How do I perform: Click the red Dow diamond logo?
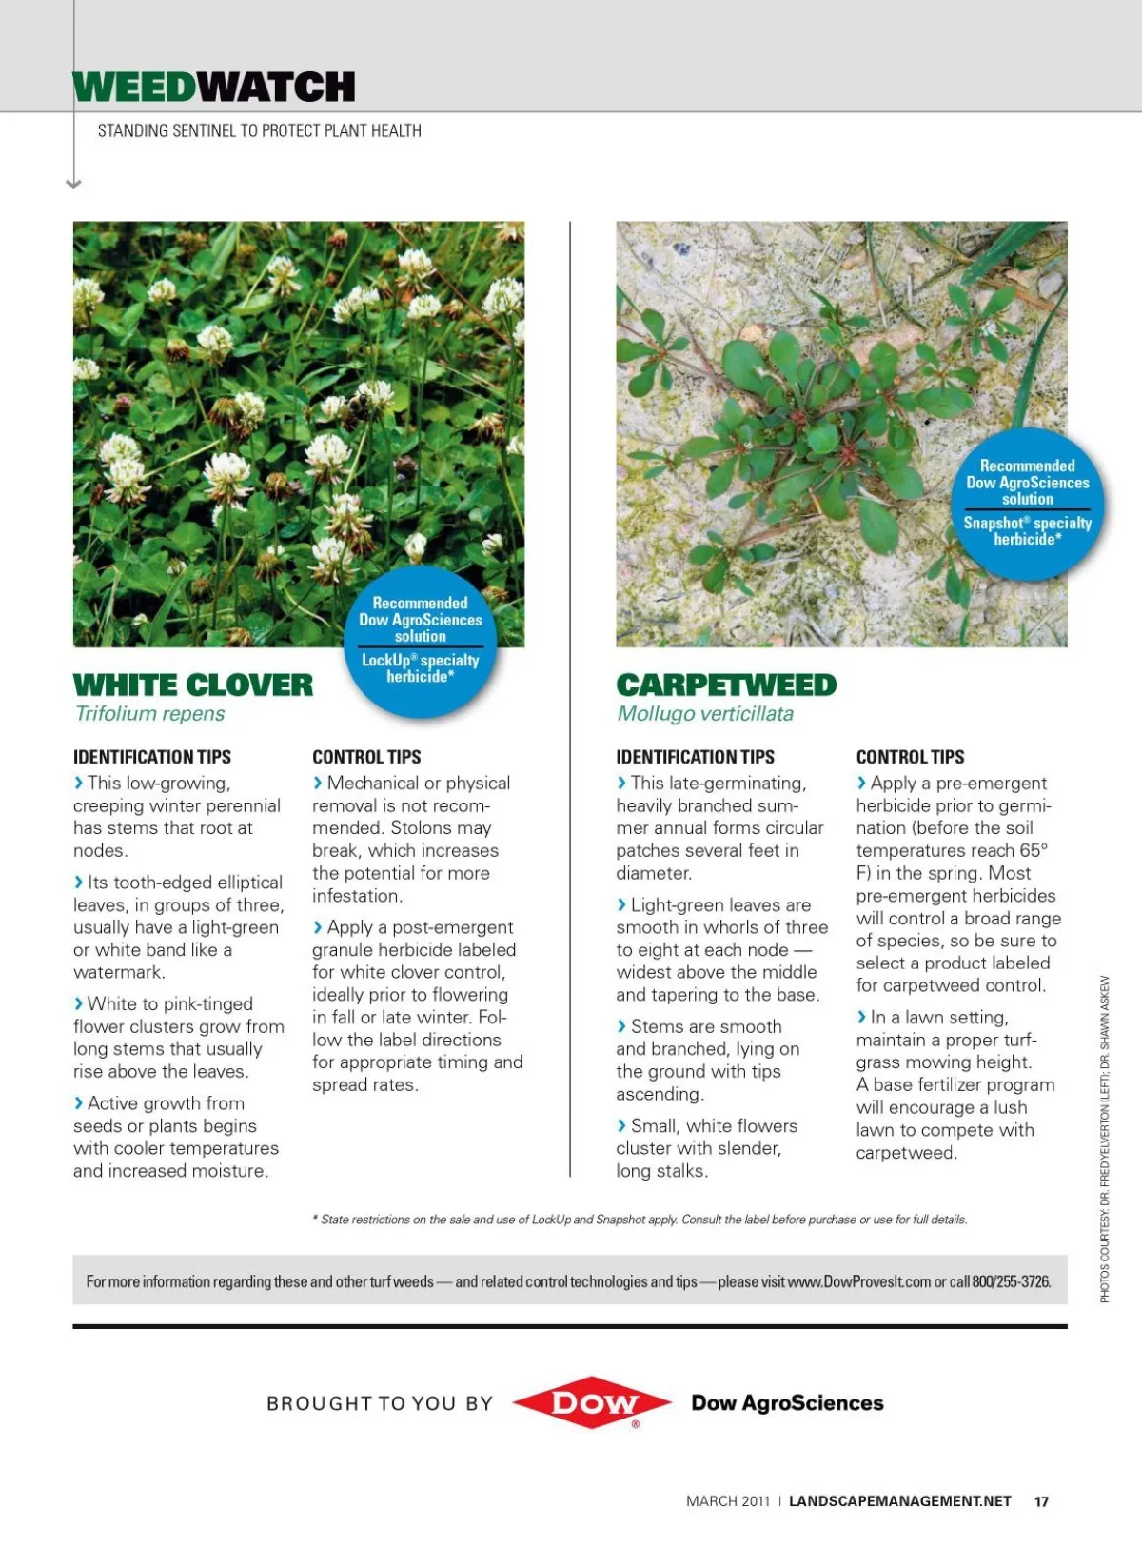coord(591,1401)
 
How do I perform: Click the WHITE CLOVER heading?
coord(193,685)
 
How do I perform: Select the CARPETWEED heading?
coord(726,685)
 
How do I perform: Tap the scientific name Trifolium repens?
coord(150,714)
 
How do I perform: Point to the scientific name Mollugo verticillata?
coord(705,714)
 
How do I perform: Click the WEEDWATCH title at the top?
coord(214,88)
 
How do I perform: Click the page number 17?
coord(1041,1501)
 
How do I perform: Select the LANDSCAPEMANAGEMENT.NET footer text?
coord(899,1501)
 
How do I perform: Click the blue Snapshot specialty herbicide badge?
coord(1027,503)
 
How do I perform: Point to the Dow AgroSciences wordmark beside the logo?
coord(787,1402)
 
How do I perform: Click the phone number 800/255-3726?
coord(1011,1281)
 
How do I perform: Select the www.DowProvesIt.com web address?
coord(859,1281)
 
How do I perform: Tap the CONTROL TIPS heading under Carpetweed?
coord(910,757)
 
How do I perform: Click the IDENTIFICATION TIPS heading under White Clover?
coord(152,757)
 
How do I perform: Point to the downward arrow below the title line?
coord(74,183)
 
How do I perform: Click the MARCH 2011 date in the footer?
coord(728,1501)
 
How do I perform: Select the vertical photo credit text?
coord(1105,1139)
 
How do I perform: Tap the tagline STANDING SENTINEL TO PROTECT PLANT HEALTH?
coord(259,130)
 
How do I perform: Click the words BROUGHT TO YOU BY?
coord(380,1403)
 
